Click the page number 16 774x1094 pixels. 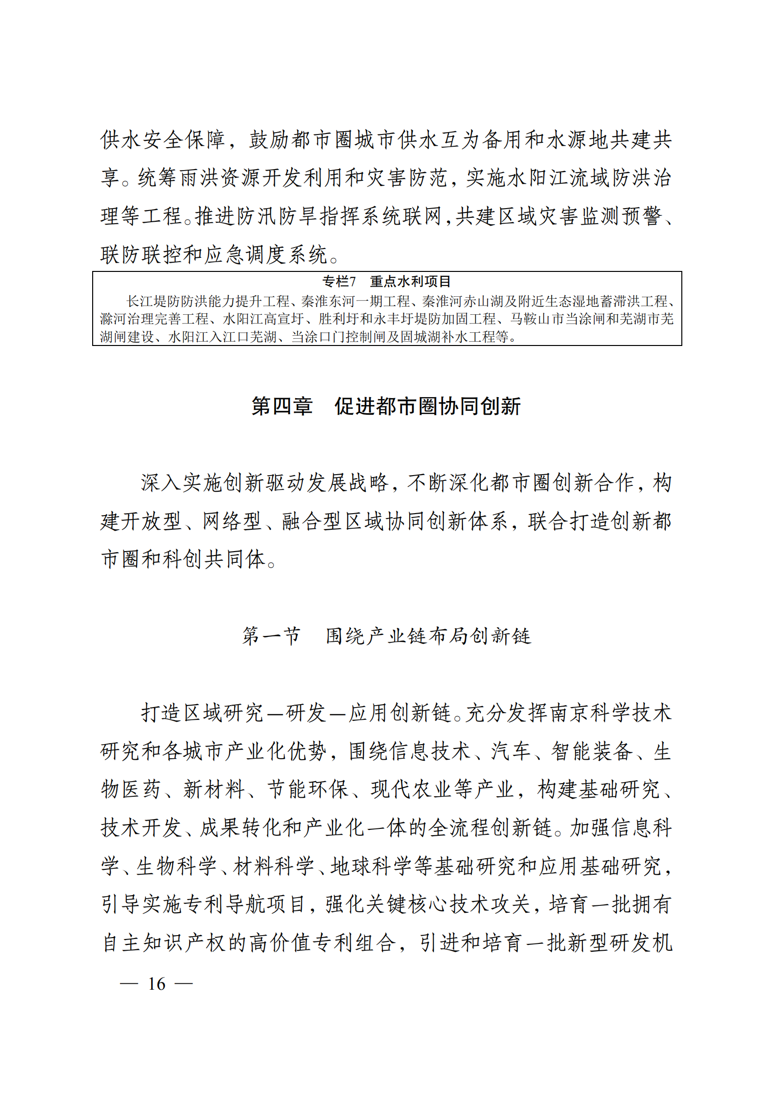click(157, 983)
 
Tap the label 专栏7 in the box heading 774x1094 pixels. click(339, 281)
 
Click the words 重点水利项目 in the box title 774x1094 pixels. click(410, 281)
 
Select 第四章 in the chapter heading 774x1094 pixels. click(282, 406)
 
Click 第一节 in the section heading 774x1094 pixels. click(271, 636)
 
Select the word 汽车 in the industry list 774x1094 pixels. click(511, 751)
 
